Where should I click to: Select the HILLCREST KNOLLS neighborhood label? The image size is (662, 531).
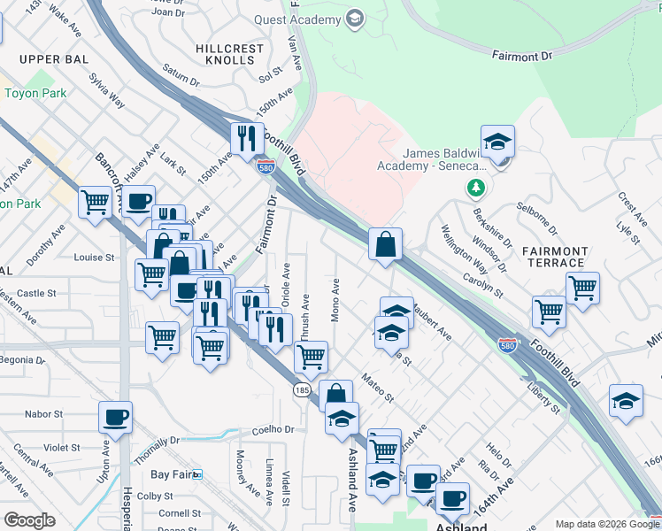(x=230, y=54)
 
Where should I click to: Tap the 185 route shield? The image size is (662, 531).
(x=301, y=389)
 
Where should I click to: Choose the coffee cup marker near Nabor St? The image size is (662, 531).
(x=115, y=417)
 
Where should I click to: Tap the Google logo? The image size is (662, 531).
(x=29, y=520)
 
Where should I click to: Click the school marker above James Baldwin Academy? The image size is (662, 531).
(x=498, y=142)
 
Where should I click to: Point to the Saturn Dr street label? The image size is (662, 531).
(x=181, y=79)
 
